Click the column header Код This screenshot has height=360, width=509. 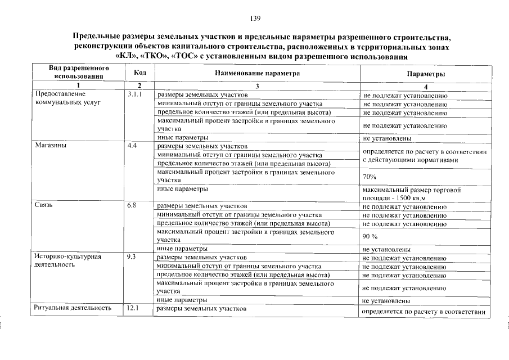[140, 73]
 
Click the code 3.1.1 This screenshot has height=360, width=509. [135, 94]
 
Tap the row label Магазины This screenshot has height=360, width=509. [49, 146]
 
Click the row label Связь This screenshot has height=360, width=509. [44, 205]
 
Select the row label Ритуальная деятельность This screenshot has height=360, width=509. [72, 308]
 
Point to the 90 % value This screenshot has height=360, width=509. [370, 236]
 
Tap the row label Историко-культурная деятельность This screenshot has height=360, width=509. [67, 260]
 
